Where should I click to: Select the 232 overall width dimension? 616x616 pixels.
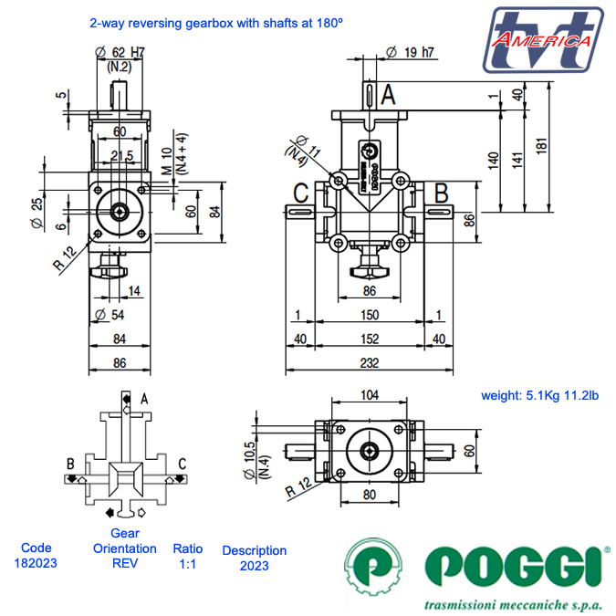coord(369,361)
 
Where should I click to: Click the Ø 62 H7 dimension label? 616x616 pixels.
coord(120,52)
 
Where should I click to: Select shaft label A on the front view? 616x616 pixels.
coord(387,93)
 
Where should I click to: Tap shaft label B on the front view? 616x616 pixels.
coord(441,193)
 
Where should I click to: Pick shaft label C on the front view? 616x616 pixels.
coord(300,193)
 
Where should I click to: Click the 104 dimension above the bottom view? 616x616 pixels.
coord(370,394)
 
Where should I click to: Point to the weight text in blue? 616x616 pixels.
coord(539,395)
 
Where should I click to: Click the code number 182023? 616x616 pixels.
coord(37,563)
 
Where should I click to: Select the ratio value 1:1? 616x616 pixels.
coord(188,563)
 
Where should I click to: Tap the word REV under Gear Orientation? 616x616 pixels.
coord(124,563)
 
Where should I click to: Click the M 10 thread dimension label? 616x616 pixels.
coord(166,161)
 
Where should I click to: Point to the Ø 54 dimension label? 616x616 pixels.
coord(110,316)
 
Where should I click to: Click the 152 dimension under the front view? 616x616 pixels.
coord(369,339)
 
